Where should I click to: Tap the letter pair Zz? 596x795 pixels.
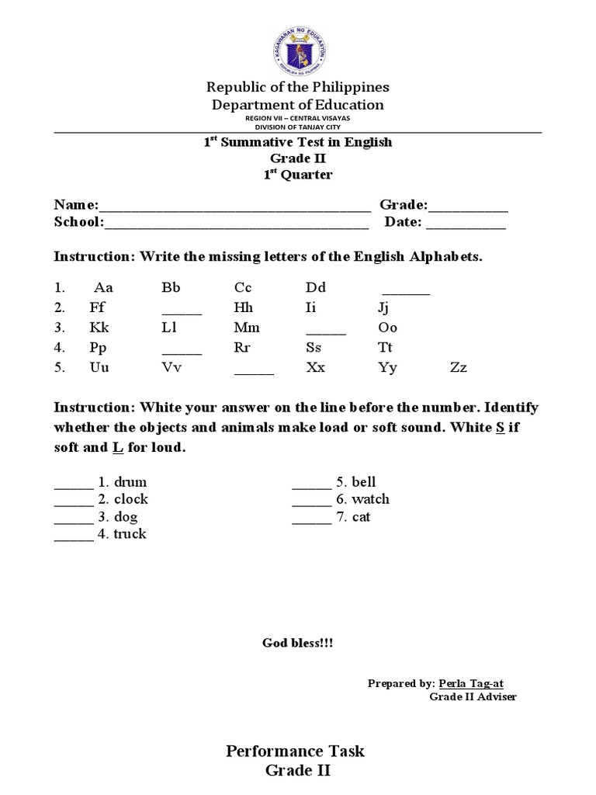[x=459, y=368]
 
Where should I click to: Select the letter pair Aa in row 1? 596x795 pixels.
[x=103, y=288]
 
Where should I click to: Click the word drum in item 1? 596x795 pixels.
[x=130, y=482]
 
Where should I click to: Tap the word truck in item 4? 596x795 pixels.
[x=130, y=534]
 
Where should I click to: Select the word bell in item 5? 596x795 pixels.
[x=364, y=482]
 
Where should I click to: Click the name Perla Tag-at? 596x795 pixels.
[x=471, y=683]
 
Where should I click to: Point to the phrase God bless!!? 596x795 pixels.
[x=298, y=644]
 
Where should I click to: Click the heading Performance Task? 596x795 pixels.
[x=295, y=751]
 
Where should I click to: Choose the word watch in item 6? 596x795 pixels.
[x=370, y=499]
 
